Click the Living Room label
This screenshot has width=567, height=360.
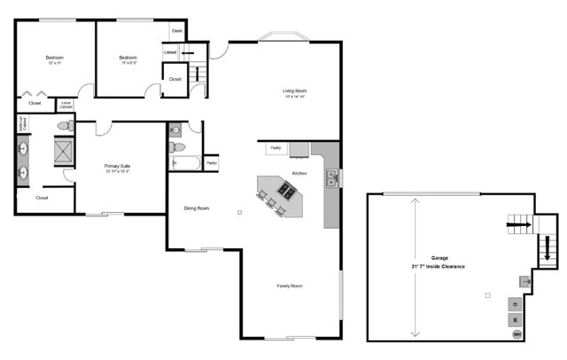(294, 91)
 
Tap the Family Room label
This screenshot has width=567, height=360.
(290, 286)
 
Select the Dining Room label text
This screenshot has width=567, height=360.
(196, 208)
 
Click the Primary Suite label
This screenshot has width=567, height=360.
(118, 165)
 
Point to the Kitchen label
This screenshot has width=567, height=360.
(299, 173)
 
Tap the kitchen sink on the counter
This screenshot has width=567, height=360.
(331, 176)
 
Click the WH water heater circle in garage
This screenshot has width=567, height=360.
(516, 334)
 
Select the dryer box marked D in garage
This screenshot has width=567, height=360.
(514, 302)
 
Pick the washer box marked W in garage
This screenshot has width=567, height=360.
(514, 318)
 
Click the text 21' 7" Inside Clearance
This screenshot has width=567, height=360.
(438, 266)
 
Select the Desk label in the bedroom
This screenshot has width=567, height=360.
(176, 31)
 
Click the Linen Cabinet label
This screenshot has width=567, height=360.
(66, 105)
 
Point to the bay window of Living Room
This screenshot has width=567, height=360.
(283, 37)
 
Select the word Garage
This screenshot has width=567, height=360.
(439, 256)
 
